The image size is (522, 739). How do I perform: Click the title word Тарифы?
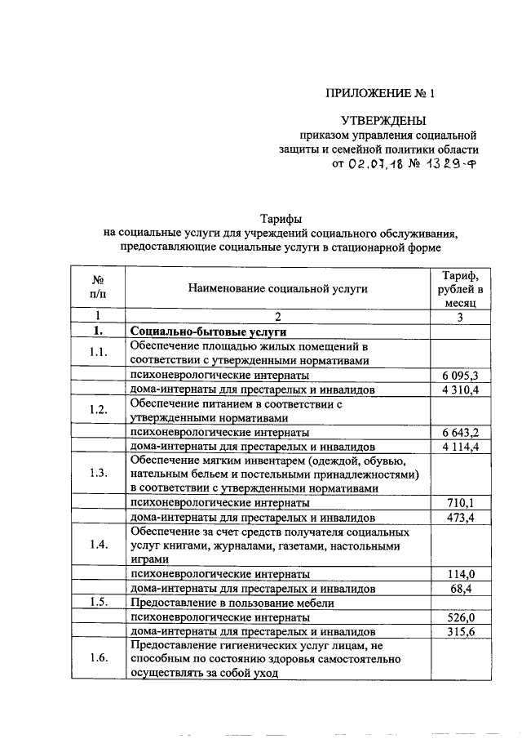[281, 218]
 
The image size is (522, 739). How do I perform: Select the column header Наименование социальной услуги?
[277, 288]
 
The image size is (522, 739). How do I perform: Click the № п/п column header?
[98, 287]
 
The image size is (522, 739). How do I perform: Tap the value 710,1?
[462, 503]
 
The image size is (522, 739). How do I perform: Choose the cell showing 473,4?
[462, 518]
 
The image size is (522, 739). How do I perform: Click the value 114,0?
[462, 574]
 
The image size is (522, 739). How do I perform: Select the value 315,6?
[462, 632]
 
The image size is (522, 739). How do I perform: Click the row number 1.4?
[99, 545]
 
